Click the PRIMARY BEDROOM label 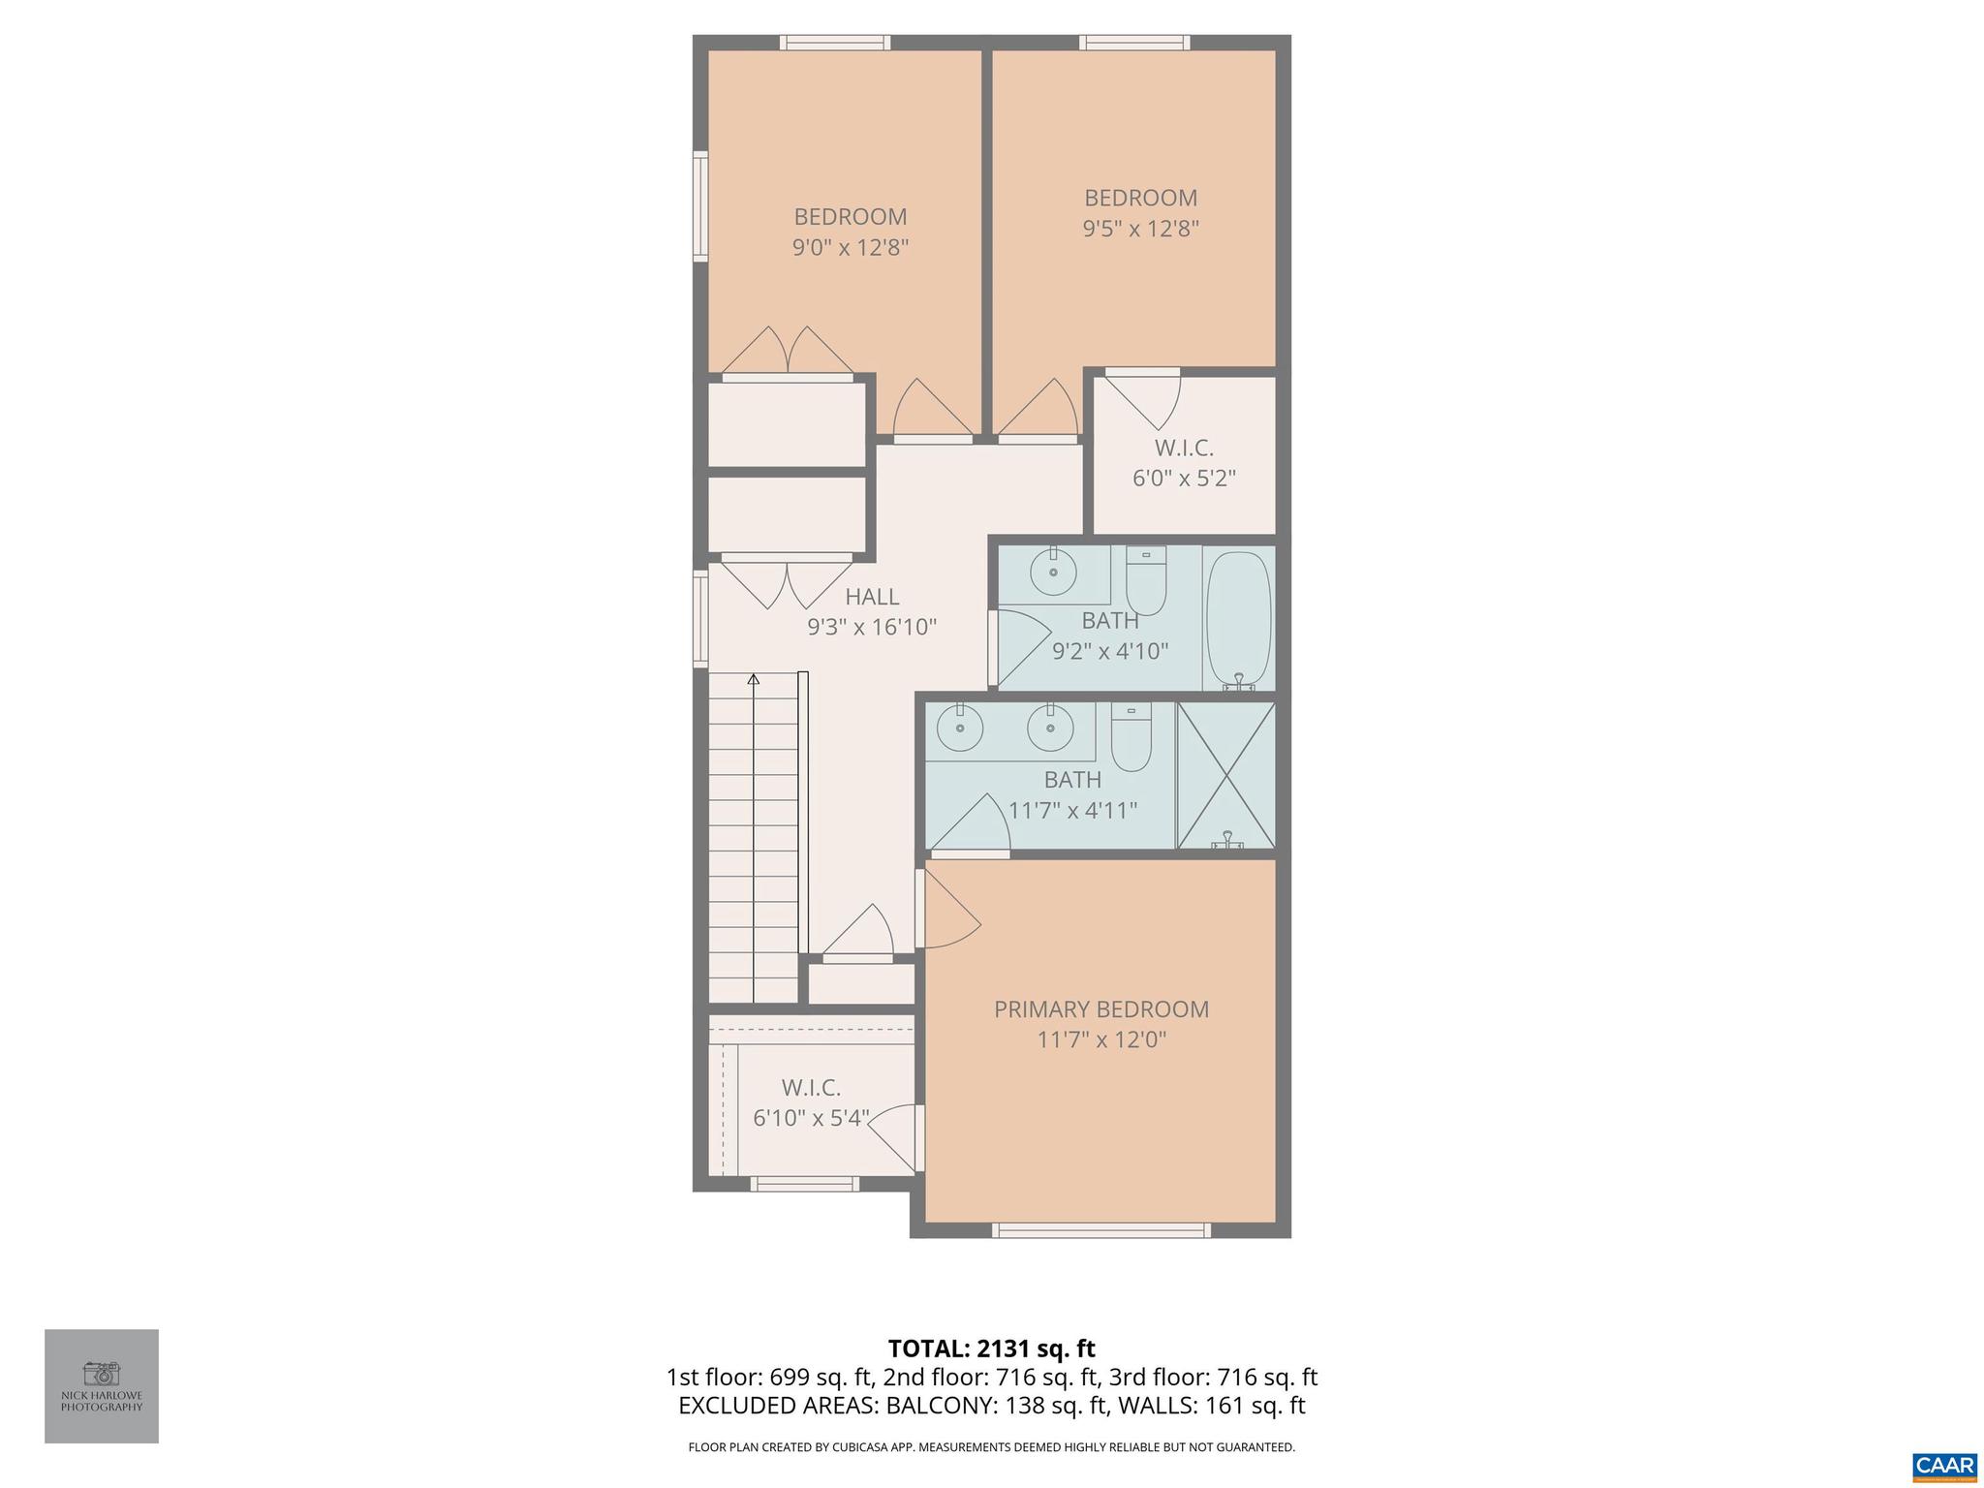1101,1009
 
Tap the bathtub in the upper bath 1238,618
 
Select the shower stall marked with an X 1225,775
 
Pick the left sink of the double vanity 959,728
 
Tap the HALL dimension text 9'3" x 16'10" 872,628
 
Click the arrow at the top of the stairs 753,680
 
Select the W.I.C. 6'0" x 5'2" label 1184,463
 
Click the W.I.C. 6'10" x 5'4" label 811,1102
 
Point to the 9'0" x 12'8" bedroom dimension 851,248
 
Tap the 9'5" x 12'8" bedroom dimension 1140,230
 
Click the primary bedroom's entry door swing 947,911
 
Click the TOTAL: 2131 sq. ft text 991,1348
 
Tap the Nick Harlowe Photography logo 102,1385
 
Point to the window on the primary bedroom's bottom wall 1100,1230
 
